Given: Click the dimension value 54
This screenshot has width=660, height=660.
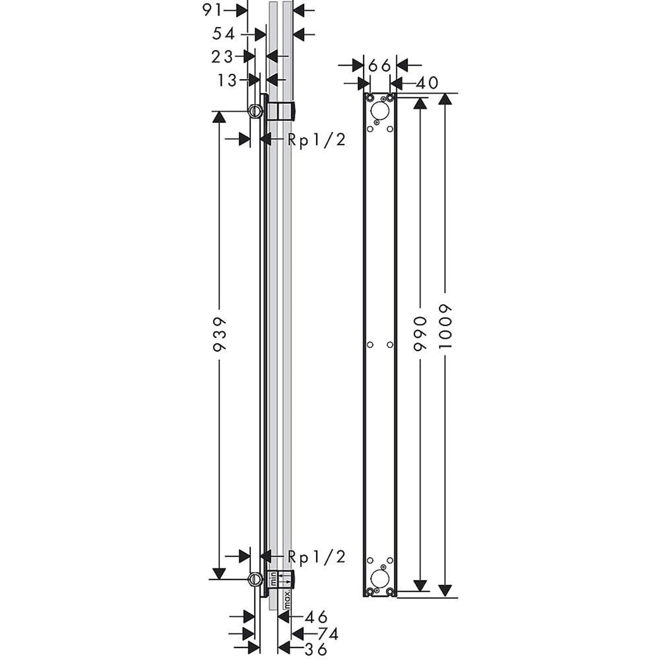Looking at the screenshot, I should coord(224,34).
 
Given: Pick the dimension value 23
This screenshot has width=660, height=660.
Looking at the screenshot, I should coord(222,56).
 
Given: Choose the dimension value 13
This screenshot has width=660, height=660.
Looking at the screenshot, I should coord(226,80).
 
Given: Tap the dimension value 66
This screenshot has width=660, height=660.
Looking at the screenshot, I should coord(380,65).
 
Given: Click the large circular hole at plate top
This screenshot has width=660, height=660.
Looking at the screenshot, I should coord(379,112).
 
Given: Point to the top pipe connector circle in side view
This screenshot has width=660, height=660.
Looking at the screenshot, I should coord(255,111).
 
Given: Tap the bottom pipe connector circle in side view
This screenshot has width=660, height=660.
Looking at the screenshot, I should coord(255,579).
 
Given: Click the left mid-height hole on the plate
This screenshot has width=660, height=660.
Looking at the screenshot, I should coord(370,345).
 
